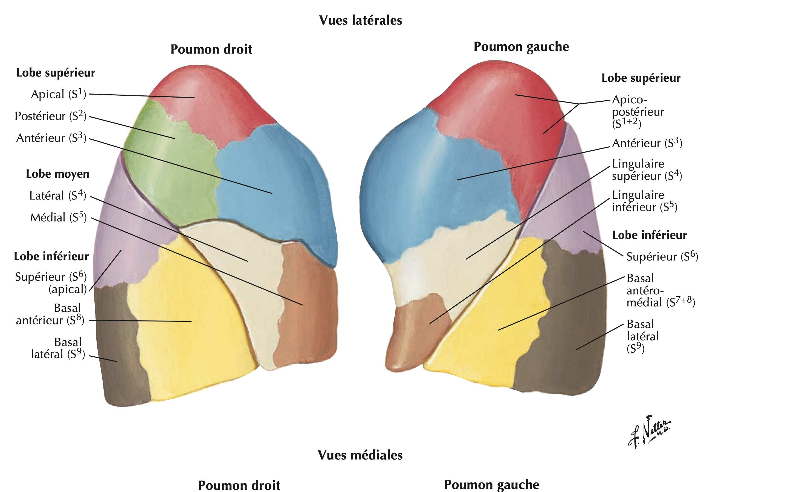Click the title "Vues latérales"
[x=360, y=20]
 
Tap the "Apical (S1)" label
[x=59, y=94]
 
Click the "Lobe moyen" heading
[x=58, y=174]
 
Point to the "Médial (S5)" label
[x=59, y=217]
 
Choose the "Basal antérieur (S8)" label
[x=50, y=314]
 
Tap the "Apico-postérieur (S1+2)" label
[x=638, y=112]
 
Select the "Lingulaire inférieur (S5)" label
[x=644, y=201]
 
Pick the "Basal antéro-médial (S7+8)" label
[x=660, y=290]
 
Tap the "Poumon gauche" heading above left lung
[x=521, y=46]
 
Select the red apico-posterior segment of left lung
[x=508, y=107]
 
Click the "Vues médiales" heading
[x=360, y=455]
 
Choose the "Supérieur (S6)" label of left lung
[x=662, y=256]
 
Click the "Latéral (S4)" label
[x=58, y=195]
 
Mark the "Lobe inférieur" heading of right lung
[x=51, y=256]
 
